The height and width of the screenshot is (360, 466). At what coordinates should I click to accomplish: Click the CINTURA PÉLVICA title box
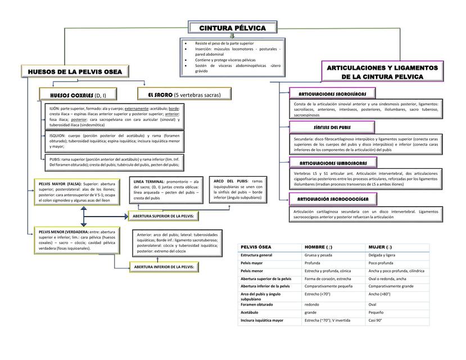pos(232,28)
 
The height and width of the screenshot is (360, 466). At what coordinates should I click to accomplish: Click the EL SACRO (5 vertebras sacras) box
pos(184,94)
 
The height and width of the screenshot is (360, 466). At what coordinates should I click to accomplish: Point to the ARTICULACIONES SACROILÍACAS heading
pos(332,93)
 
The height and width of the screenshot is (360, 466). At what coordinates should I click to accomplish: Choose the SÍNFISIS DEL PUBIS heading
pos(332,127)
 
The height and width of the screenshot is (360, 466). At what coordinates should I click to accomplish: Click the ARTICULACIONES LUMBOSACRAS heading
pos(332,163)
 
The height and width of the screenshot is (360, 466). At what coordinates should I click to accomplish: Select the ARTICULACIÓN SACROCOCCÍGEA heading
pos(333,199)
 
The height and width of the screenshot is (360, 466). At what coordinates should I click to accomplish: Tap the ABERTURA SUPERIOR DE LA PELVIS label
pos(162,216)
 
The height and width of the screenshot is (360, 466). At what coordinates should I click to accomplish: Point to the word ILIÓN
pos(55,108)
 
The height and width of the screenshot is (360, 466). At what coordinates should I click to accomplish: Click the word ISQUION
pos(57,136)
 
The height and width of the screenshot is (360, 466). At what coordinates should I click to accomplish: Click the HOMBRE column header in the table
pos(318,247)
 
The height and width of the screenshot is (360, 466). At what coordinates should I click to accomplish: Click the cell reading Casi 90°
pos(375,320)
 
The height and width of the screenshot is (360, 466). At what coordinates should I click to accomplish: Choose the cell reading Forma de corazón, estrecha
pos(328,278)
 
